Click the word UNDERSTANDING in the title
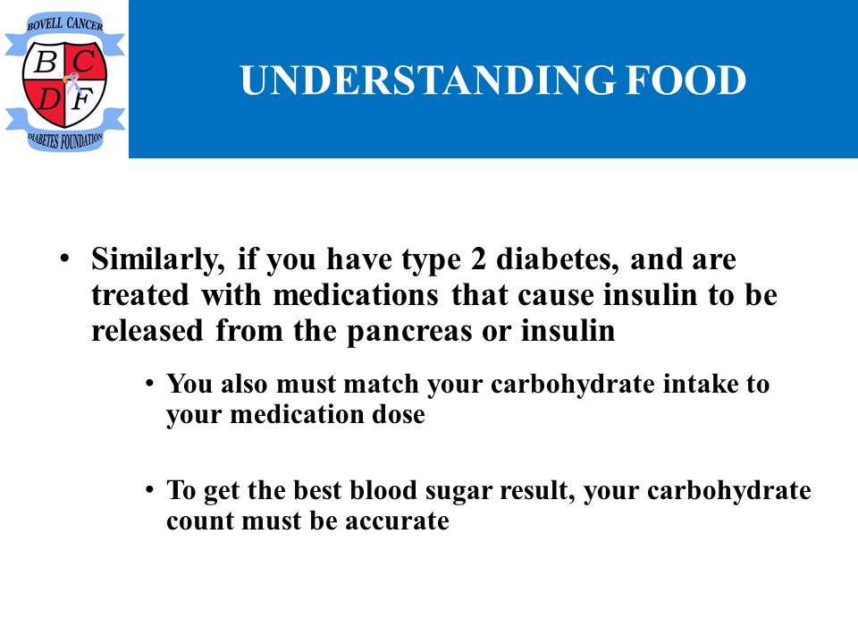click(427, 80)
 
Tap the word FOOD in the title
click(686, 80)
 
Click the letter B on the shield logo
click(46, 62)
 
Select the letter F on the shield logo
click(82, 99)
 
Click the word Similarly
click(158, 259)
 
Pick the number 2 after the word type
click(477, 259)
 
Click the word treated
click(140, 295)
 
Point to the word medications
click(356, 295)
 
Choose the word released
click(147, 331)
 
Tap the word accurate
click(397, 521)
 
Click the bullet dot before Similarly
click(64, 258)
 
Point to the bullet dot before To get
click(149, 488)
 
